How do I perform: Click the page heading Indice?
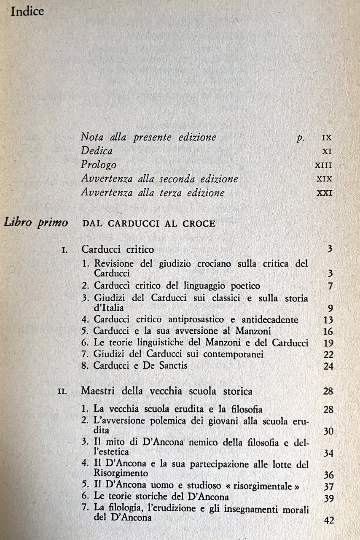click(27, 11)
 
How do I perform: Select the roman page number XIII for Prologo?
click(323, 165)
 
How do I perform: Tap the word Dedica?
click(97, 151)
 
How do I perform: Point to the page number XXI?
click(324, 193)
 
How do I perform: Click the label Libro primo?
click(36, 223)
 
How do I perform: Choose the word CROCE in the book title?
click(198, 224)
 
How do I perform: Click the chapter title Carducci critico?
click(118, 249)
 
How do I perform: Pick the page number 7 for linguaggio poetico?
click(330, 286)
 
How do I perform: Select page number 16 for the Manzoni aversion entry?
click(328, 332)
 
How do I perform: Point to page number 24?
click(328, 367)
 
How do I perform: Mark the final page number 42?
click(329, 520)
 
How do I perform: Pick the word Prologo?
click(99, 165)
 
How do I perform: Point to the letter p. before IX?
click(300, 138)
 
